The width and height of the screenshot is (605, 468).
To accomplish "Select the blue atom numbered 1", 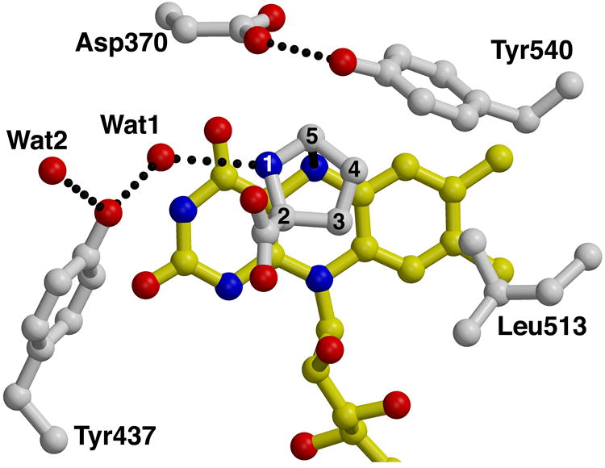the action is [269, 165].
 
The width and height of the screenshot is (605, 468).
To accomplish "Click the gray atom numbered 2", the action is [282, 215].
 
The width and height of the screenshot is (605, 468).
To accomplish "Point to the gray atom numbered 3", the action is [338, 219].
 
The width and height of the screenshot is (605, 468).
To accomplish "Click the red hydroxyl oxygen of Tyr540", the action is [344, 59].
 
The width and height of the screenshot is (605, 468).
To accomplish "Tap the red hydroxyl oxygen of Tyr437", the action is [109, 214].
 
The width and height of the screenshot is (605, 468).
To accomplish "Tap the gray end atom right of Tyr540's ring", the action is [570, 82].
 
